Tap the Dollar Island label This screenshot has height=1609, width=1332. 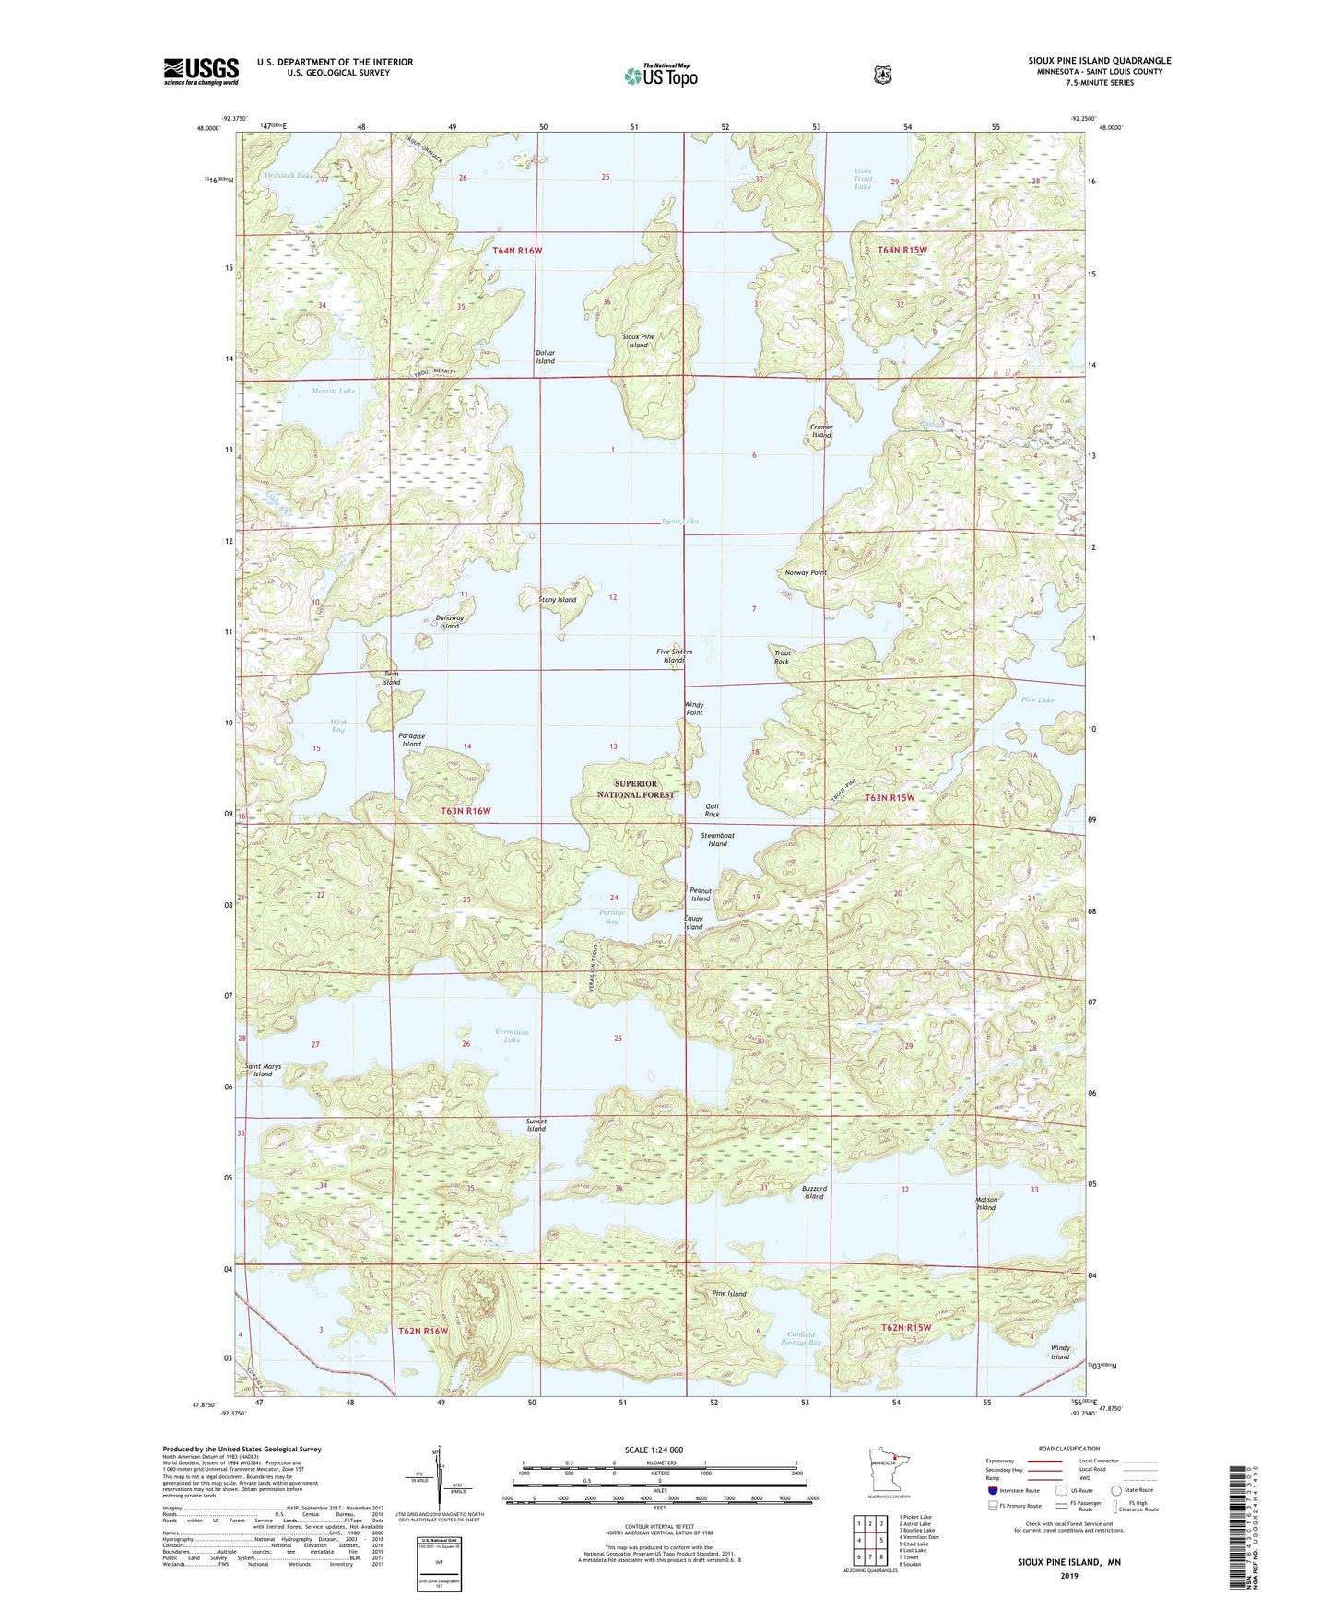pos(546,358)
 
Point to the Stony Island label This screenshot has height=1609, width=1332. pos(557,600)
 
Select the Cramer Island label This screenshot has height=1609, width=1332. pos(821,431)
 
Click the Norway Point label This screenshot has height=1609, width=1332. pos(805,572)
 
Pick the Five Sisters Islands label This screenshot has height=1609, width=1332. pos(674,656)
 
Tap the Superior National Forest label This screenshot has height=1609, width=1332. pos(635,789)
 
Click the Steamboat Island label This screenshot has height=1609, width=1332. pos(717,840)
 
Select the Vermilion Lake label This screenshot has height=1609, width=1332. pos(512,1036)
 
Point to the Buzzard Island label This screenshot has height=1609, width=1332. pos(814,1192)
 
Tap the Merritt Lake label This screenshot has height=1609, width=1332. pos(333,391)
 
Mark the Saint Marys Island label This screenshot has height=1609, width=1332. pos(263,1070)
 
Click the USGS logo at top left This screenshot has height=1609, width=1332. pos(201,71)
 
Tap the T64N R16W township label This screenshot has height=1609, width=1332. pos(517,251)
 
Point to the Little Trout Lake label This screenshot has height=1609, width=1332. pos(862,179)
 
